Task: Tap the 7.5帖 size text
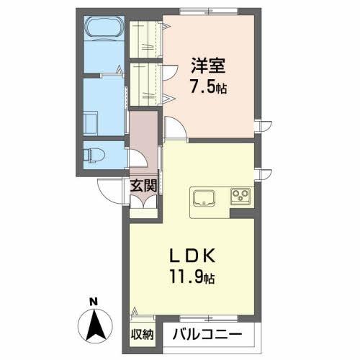[x=208, y=86]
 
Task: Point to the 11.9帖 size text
[x=193, y=276]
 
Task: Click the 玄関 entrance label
[x=143, y=184]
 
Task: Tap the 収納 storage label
[x=143, y=334]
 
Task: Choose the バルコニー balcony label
[x=205, y=334]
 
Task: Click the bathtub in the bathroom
[x=105, y=30]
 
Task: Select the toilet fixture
[x=94, y=154]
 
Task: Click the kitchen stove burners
[x=240, y=195]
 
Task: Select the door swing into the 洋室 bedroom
[x=174, y=127]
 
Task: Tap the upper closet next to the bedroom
[x=145, y=40]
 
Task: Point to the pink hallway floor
[x=143, y=137]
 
